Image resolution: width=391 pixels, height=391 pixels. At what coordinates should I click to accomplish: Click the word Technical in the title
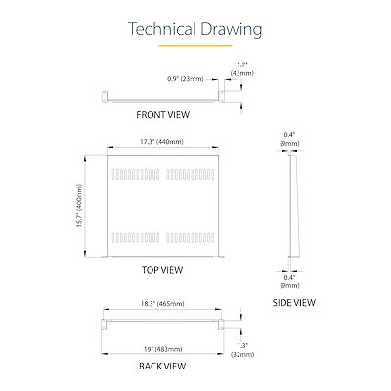point(161,29)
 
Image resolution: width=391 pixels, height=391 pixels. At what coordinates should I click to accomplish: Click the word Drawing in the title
point(232,30)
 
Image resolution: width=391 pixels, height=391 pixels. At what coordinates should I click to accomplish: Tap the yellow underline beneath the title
point(195,46)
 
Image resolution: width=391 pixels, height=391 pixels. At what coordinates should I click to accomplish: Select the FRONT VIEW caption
point(162,115)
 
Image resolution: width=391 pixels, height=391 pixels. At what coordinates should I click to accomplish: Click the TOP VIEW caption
point(162,270)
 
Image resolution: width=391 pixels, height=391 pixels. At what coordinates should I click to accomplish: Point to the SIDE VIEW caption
point(294,303)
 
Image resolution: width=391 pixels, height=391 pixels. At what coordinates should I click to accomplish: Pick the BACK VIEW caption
point(162,366)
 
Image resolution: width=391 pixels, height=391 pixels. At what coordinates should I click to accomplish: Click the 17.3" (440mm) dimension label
point(161,142)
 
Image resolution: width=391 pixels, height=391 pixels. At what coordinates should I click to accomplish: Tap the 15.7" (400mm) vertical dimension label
point(80,206)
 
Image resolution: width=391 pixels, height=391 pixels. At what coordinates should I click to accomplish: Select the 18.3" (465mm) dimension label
point(162,304)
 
